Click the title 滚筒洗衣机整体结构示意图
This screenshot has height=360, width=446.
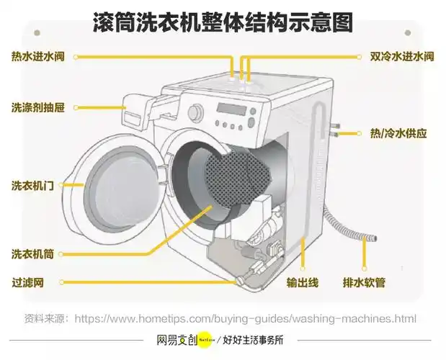[x=223, y=22]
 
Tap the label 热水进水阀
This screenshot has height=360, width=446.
[x=38, y=55]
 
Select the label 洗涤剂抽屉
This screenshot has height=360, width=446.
[x=38, y=108]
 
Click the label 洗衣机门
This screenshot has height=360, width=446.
[x=32, y=185]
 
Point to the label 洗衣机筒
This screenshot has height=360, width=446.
[x=32, y=254]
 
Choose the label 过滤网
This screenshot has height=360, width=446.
[x=27, y=283]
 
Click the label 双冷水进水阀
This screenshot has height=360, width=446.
[x=401, y=55]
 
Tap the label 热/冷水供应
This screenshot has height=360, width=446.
[x=398, y=133]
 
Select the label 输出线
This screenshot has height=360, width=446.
[x=302, y=282]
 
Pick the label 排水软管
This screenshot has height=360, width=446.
[x=364, y=282]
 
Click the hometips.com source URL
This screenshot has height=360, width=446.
[x=246, y=318]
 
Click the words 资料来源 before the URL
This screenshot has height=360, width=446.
[x=45, y=318]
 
